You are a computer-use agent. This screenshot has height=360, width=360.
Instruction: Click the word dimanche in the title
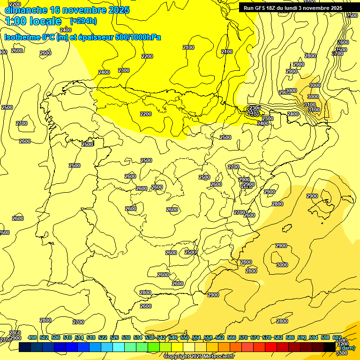(26, 10)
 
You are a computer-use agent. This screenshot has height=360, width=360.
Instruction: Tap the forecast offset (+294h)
(83, 21)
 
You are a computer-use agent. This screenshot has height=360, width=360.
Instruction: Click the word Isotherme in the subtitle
(22, 37)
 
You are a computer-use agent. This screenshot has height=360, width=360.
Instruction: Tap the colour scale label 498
(32, 338)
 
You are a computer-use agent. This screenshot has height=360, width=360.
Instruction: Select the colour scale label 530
(126, 338)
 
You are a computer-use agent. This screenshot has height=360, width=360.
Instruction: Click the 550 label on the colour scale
(185, 338)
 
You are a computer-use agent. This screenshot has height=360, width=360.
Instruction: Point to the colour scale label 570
(243, 338)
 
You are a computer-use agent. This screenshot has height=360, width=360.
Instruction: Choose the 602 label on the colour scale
(337, 338)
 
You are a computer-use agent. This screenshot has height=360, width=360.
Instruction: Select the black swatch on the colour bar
(330, 347)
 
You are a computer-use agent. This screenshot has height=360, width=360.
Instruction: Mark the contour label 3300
(342, 353)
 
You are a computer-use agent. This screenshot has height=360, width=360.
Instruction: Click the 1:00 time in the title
(15, 21)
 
